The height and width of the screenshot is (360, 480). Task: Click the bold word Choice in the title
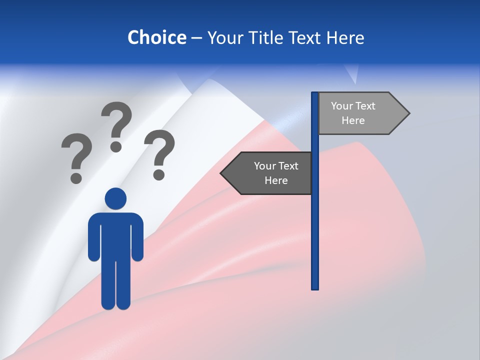click(156, 38)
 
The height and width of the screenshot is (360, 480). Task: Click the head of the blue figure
click(115, 198)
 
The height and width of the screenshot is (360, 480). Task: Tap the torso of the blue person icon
click(115, 235)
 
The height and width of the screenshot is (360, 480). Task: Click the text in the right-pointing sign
click(353, 113)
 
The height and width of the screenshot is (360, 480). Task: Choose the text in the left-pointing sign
click(276, 173)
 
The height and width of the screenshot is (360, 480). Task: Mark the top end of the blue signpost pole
click(315, 94)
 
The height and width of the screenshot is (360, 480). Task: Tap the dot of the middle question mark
click(116, 146)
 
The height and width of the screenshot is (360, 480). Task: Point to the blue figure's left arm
click(93, 237)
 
